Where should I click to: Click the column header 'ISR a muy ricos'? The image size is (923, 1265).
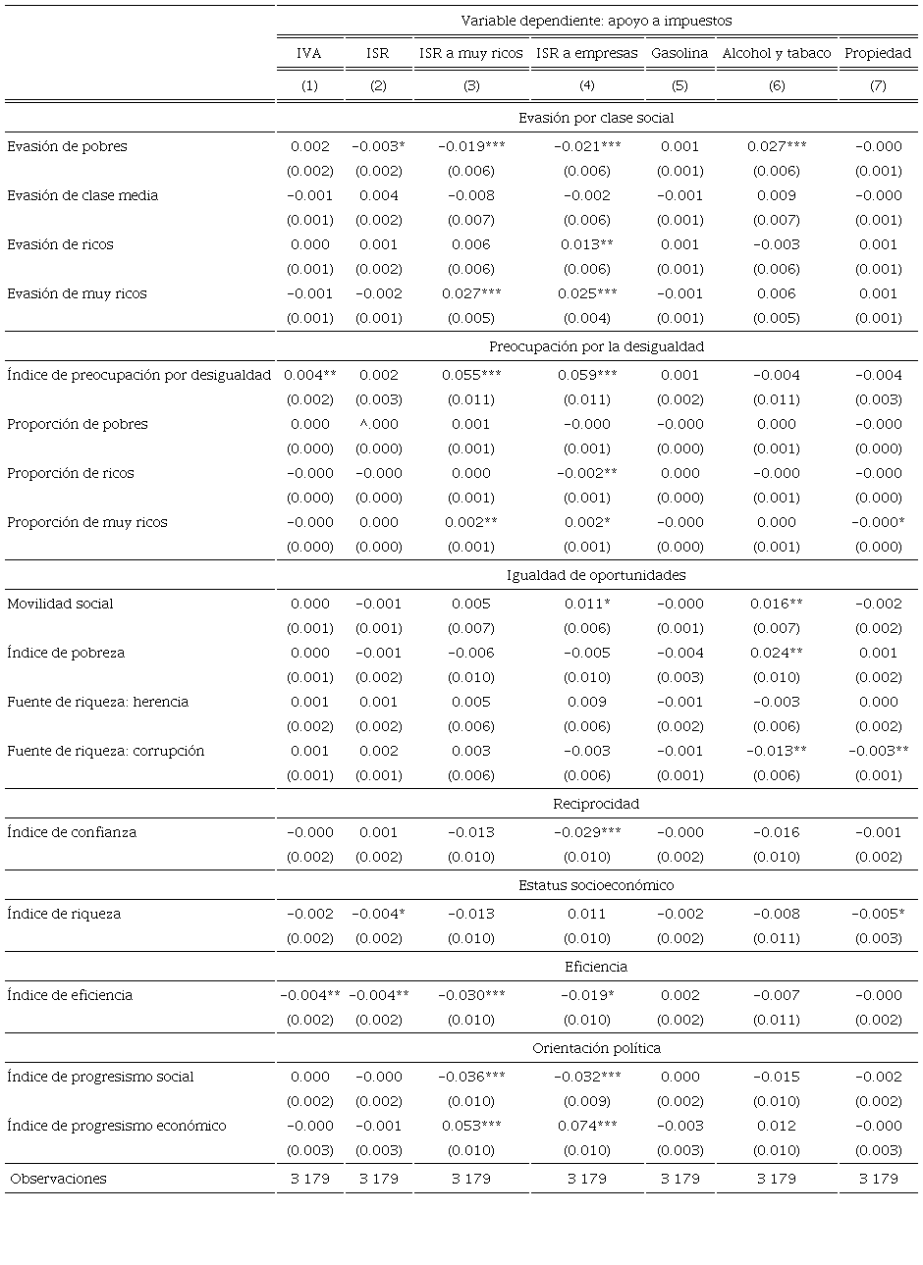(x=471, y=53)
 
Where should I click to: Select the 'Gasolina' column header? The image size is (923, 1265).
(x=679, y=53)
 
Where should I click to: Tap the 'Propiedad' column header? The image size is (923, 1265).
(x=878, y=53)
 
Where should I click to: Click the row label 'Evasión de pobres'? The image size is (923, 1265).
(x=67, y=146)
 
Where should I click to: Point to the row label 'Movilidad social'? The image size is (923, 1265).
(x=60, y=604)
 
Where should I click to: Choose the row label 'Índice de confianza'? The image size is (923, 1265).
(x=72, y=832)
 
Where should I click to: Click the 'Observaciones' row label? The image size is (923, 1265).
(x=59, y=1179)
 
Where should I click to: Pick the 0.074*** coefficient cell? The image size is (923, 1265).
(x=587, y=1126)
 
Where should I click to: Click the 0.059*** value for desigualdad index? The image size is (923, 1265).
(x=587, y=375)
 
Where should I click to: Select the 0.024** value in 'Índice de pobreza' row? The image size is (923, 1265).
(x=777, y=653)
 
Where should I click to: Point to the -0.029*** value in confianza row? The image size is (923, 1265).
(x=587, y=832)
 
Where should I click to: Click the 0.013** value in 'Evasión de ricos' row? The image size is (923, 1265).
(x=587, y=244)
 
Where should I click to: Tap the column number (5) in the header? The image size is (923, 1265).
(x=679, y=85)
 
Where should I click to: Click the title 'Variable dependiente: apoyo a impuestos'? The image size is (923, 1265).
(x=596, y=21)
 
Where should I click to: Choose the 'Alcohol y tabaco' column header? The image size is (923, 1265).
(x=777, y=53)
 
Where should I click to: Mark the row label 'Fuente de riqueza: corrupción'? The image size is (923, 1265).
(x=106, y=751)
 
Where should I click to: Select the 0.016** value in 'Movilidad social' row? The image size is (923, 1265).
(x=777, y=604)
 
